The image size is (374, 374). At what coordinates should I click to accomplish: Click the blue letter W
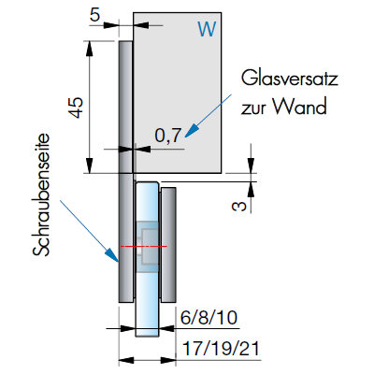207,29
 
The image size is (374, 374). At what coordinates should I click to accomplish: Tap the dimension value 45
77,108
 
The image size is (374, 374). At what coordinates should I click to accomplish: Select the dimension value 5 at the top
94,15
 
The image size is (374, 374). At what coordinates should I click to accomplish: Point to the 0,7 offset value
168,136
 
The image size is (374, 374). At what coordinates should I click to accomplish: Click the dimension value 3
239,206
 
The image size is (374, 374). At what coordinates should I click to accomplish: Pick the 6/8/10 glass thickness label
209,318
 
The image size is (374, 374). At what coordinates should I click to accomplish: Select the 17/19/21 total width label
221,349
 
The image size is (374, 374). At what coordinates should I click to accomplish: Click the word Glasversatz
290,79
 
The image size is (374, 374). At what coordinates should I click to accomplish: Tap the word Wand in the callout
300,107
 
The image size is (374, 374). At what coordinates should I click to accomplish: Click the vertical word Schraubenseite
41,195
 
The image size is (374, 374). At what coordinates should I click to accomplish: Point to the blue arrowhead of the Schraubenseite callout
111,254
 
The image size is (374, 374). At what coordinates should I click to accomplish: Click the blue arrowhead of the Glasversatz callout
192,130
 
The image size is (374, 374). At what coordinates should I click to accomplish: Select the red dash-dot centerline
143,247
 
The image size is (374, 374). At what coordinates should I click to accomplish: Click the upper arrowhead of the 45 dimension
90,49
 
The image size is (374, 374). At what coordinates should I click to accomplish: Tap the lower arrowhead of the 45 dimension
90,165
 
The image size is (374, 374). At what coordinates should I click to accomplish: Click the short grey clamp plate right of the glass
168,245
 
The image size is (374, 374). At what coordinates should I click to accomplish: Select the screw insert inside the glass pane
147,247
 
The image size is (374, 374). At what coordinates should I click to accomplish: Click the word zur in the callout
253,109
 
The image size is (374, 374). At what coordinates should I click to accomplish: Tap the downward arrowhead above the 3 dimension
252,165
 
